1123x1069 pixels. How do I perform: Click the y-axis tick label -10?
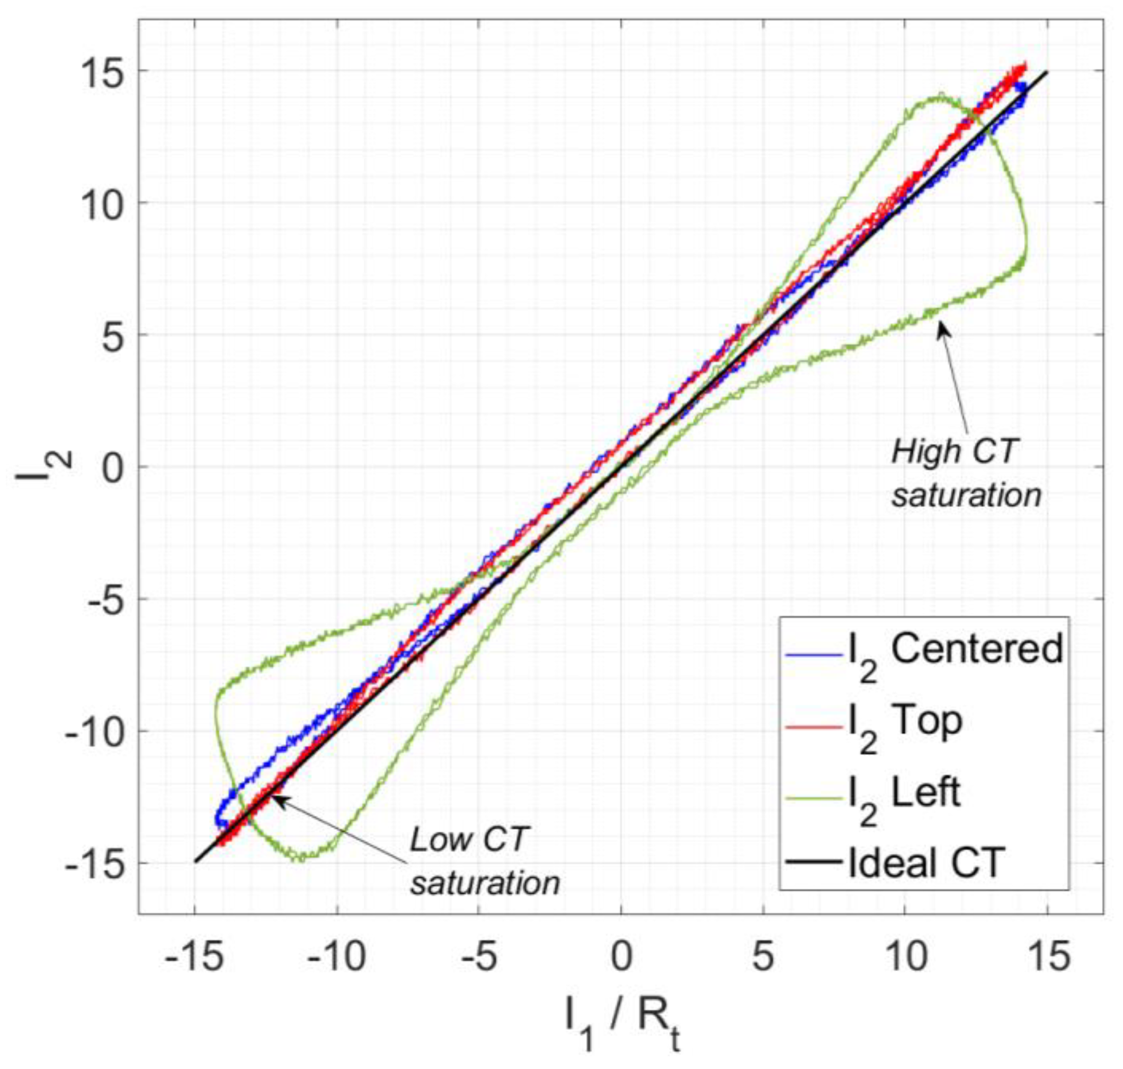click(93, 731)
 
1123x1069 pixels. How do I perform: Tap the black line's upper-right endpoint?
click(1047, 72)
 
